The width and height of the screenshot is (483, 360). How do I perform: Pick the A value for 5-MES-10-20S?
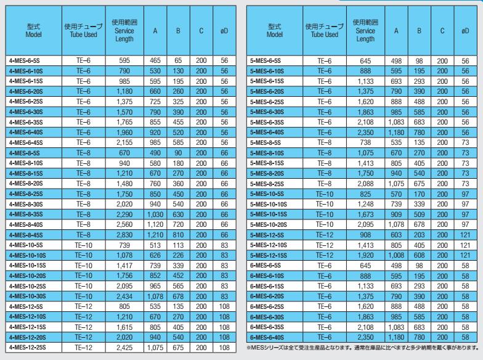coord(397,225)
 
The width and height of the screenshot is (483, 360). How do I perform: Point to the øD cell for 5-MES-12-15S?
coord(465,255)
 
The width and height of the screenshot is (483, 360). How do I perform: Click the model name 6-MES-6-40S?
coord(266,338)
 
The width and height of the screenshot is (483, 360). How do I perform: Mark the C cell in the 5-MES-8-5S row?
coord(442,142)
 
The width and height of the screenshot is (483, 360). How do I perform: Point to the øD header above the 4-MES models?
coord(224,31)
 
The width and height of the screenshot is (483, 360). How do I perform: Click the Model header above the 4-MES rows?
coord(33,31)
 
